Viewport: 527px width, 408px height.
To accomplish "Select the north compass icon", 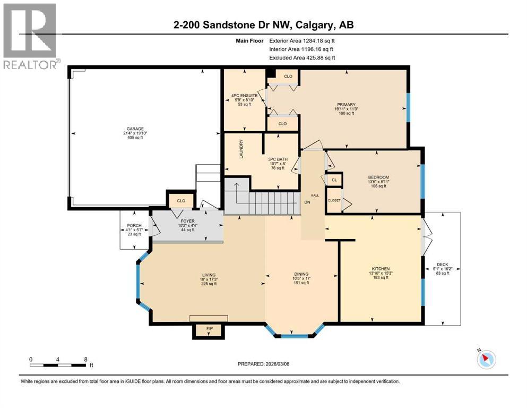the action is click(486, 359).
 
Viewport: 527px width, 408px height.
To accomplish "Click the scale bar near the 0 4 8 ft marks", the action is click(58, 365).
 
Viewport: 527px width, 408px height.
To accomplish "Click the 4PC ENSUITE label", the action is click(244, 96).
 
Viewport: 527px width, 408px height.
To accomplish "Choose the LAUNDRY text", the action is click(241, 148).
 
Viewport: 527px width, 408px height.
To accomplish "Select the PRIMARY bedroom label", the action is click(344, 105).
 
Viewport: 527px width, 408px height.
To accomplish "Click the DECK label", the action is click(442, 265).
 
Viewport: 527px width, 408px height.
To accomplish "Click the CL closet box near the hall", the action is click(334, 181).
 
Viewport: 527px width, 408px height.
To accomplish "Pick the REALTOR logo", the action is click(30, 37).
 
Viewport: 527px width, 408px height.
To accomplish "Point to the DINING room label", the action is click(301, 275).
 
